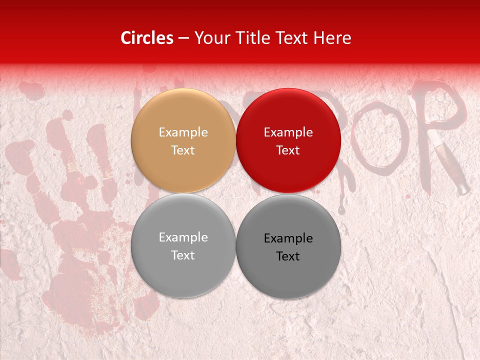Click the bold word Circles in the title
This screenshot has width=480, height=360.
point(146,38)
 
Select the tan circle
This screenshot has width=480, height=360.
point(183,140)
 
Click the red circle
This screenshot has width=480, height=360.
point(288,140)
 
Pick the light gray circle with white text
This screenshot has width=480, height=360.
point(183,245)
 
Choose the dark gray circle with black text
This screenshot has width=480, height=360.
point(288,246)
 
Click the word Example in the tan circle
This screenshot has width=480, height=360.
point(183,132)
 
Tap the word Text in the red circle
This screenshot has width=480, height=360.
point(288,150)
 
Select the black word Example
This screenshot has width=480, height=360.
point(288,238)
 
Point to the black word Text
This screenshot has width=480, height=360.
point(288,256)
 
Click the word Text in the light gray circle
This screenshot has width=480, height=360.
point(183,255)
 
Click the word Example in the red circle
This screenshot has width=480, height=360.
point(288,132)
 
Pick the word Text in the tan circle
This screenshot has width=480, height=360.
point(183,150)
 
